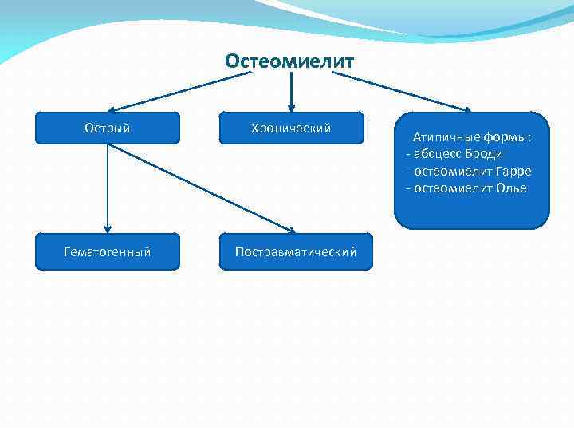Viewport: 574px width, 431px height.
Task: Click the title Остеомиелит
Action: coord(289,61)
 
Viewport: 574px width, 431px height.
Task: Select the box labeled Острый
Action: coord(108,128)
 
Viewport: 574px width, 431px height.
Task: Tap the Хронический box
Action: coord(291,128)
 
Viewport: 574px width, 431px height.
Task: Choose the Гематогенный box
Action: coord(108,252)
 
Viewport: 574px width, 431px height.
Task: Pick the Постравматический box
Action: coord(295,252)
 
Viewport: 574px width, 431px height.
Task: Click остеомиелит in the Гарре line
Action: coord(451,172)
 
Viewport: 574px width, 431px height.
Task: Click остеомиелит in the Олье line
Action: coord(451,188)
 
